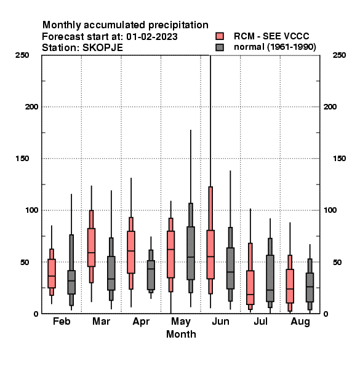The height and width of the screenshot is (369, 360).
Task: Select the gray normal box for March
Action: point(111,273)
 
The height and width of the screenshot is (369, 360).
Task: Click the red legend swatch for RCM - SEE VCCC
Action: point(220,36)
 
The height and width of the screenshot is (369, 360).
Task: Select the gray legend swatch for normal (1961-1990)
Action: point(220,47)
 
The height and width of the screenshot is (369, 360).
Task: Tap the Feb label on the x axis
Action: point(62,321)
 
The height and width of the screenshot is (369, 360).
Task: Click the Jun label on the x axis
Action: point(220,321)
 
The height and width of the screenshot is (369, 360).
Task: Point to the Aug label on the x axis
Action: point(300,322)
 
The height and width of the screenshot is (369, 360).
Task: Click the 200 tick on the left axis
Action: point(31,107)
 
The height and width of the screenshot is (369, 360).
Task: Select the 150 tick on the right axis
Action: point(339,159)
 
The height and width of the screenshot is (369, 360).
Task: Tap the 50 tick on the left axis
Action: point(25,262)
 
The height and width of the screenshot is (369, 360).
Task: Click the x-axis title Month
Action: point(181,334)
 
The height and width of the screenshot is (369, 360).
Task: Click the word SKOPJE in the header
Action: point(102,48)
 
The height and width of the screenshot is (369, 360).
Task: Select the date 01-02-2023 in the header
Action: point(152,36)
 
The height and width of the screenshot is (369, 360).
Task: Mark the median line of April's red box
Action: point(131,251)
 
